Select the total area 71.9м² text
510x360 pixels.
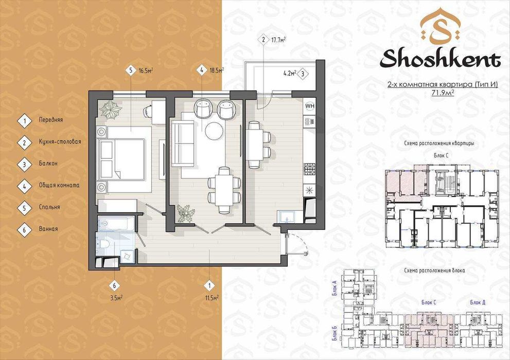click(442, 94)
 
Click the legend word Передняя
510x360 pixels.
click(50, 120)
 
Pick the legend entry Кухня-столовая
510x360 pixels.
click(60, 141)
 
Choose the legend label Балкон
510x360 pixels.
click(48, 164)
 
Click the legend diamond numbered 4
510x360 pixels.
click(24, 185)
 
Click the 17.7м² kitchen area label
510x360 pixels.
click(279, 40)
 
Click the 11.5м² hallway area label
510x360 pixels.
click(212, 297)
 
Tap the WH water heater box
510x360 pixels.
click(310, 106)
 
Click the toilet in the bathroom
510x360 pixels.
click(104, 244)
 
